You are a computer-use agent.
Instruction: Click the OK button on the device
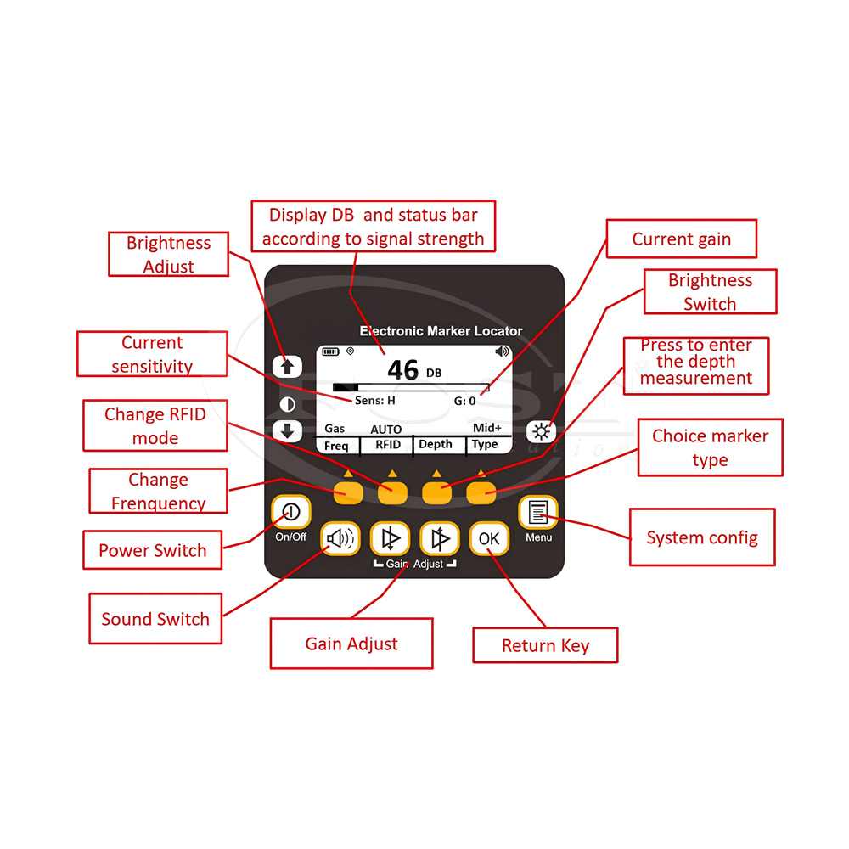[x=489, y=538]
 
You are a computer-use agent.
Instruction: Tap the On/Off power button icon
[x=290, y=512]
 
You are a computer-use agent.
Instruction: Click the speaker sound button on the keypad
[x=340, y=538]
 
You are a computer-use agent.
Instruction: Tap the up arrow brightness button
[x=287, y=367]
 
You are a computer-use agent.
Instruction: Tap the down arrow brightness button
[x=287, y=430]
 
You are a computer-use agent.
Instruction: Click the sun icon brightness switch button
[x=541, y=431]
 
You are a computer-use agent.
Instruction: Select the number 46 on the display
[x=403, y=370]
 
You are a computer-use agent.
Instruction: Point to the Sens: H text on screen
[x=374, y=401]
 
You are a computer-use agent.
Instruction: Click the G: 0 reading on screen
[x=465, y=401]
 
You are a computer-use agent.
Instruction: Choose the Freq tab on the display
[x=336, y=445]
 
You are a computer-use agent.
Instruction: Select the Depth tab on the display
[x=436, y=445]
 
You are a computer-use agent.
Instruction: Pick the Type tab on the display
[x=485, y=445]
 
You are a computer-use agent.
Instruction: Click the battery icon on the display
[x=329, y=351]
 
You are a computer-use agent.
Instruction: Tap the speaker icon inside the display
[x=503, y=351]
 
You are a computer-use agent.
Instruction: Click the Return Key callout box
[x=545, y=645]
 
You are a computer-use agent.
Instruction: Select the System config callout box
[x=701, y=537]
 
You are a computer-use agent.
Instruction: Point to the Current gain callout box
[x=681, y=239]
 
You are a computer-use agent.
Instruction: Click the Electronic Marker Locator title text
[x=441, y=331]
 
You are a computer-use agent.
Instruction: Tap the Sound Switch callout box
[x=155, y=619]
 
